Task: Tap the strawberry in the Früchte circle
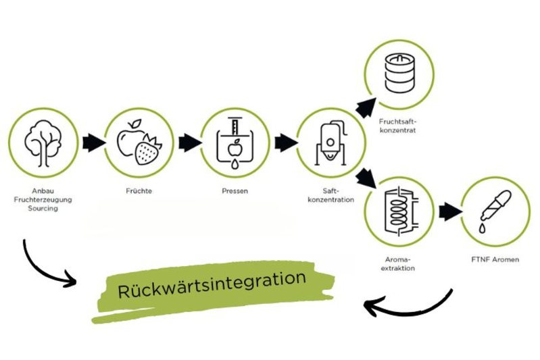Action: coord(149,150)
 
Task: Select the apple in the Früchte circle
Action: coord(132,136)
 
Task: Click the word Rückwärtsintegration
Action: coord(212,284)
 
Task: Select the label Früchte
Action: coord(139,191)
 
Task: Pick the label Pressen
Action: coord(235,191)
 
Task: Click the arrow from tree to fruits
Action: coord(93,143)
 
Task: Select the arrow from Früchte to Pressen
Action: coord(189,143)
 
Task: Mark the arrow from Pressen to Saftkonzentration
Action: coord(286,143)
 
